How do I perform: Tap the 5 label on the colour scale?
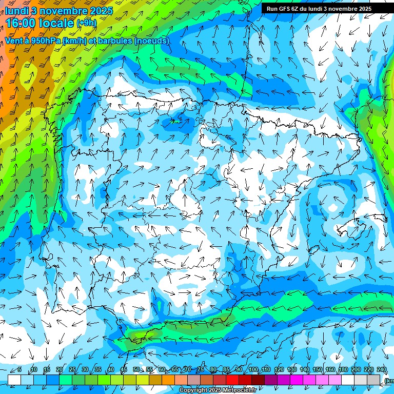click(x=19, y=369)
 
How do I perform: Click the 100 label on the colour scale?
click(x=253, y=369)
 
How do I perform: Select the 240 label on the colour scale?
click(x=381, y=369)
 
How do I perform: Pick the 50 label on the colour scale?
click(x=136, y=369)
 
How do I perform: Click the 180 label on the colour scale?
click(x=343, y=369)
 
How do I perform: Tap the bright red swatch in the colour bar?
click(x=232, y=380)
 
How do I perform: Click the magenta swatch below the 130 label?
click(x=297, y=380)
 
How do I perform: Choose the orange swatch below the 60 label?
click(x=168, y=380)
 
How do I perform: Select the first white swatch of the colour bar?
click(x=14, y=380)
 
